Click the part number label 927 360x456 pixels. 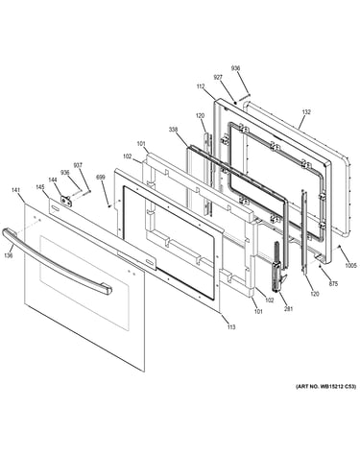pyautogui.click(x=218, y=77)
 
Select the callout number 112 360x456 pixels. pyautogui.click(x=201, y=86)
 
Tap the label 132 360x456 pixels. pyautogui.click(x=306, y=112)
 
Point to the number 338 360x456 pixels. pyautogui.click(x=174, y=130)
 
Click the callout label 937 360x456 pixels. pyautogui.click(x=78, y=165)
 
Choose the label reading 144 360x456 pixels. pyautogui.click(x=53, y=180)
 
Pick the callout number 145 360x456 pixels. pyautogui.click(x=40, y=187)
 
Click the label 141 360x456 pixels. pyautogui.click(x=15, y=190)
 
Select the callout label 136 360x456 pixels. pyautogui.click(x=9, y=255)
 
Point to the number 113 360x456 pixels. pyautogui.click(x=231, y=326)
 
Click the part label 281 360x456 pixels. pyautogui.click(x=288, y=309)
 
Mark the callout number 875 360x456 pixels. pyautogui.click(x=333, y=283)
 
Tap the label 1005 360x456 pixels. pyautogui.click(x=350, y=265)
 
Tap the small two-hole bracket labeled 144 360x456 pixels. pyautogui.click(x=66, y=201)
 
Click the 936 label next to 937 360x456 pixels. pyautogui.click(x=65, y=173)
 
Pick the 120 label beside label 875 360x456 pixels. pyautogui.click(x=315, y=294)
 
